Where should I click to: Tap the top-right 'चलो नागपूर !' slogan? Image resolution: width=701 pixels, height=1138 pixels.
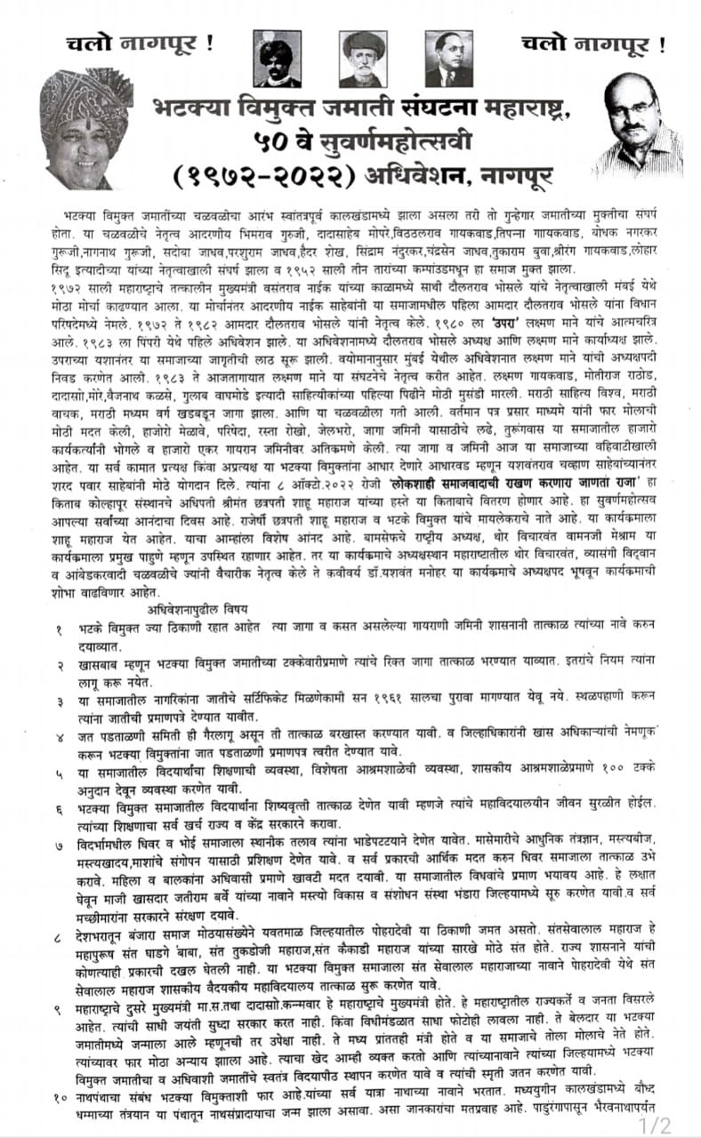[592, 42]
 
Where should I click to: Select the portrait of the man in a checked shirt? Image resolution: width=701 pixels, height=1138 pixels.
[635, 125]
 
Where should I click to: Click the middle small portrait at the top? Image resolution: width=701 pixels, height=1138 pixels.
[363, 59]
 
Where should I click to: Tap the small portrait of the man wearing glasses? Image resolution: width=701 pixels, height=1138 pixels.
[447, 59]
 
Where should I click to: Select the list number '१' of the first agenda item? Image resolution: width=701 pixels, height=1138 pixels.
[58, 629]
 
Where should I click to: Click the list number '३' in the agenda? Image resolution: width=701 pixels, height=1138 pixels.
[58, 702]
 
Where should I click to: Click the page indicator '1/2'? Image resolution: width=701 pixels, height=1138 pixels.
[660, 1125]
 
